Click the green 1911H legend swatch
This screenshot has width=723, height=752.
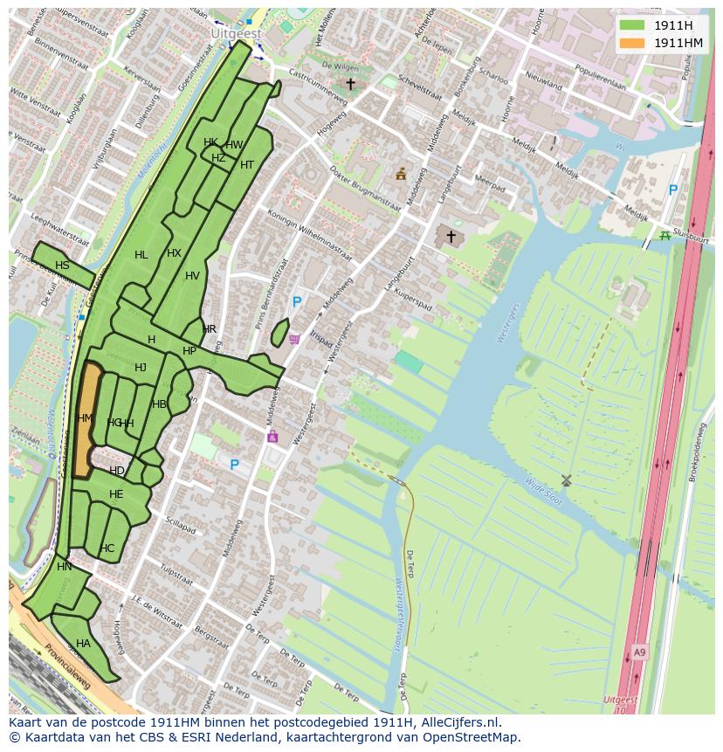pos(632,25)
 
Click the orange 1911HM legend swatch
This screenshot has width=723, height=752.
pos(632,43)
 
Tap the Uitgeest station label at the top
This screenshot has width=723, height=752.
pos(235,32)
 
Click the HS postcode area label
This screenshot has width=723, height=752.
pos(62,266)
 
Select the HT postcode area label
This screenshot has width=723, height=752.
pos(247,165)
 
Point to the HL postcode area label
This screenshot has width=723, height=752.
pos(141,255)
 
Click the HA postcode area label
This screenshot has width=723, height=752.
pos(83,644)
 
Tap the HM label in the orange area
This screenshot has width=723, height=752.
pos(85,418)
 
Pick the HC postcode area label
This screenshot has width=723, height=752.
pos(107,548)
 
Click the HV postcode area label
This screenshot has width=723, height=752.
pos(192,276)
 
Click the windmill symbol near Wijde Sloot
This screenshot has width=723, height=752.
pos(566,480)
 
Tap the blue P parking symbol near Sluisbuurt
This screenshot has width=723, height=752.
pos(672,190)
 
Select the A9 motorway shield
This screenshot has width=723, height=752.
pos(640,652)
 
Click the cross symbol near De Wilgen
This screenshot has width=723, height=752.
pos(350,85)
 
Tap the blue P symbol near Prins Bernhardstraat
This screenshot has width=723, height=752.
pos(297,302)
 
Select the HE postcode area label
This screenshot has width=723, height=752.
pos(116,494)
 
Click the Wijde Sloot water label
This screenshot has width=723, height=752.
pos(544,492)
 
